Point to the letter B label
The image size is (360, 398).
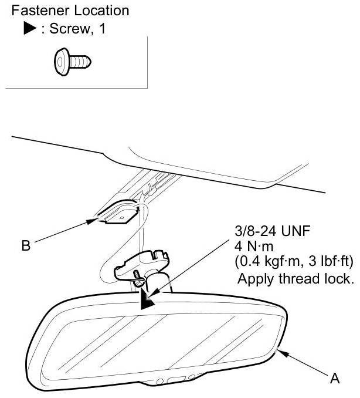pos(25,246)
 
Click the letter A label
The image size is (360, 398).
pos(335,379)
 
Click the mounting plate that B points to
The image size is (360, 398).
pos(117,213)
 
